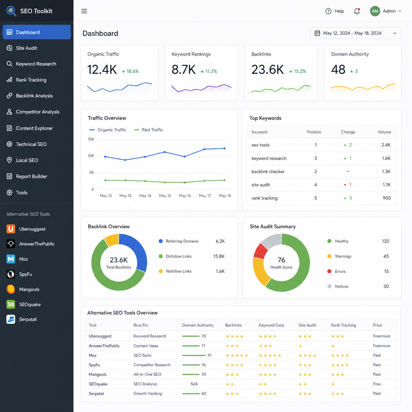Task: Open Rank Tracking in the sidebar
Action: pyautogui.click(x=31, y=80)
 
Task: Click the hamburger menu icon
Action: pyautogui.click(x=84, y=11)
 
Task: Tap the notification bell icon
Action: pyautogui.click(x=356, y=11)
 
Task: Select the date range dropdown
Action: pyautogui.click(x=356, y=33)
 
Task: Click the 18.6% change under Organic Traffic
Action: pyautogui.click(x=130, y=71)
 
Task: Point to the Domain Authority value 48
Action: pyautogui.click(x=338, y=70)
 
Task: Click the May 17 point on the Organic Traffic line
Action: pyautogui.click(x=204, y=149)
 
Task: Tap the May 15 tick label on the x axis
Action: pyautogui.click(x=165, y=196)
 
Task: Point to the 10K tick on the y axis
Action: pyautogui.click(x=91, y=156)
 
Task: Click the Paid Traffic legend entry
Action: pyautogui.click(x=148, y=130)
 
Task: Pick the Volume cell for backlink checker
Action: pyautogui.click(x=386, y=171)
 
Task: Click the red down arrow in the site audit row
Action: pyautogui.click(x=345, y=185)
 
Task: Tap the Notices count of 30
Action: pyautogui.click(x=386, y=286)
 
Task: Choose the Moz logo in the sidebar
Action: pyautogui.click(x=11, y=259)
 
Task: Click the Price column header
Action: pyautogui.click(x=377, y=325)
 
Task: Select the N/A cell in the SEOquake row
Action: pyautogui.click(x=194, y=384)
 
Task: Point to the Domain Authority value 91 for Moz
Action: pyautogui.click(x=209, y=356)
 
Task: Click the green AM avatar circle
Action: pyautogui.click(x=375, y=11)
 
